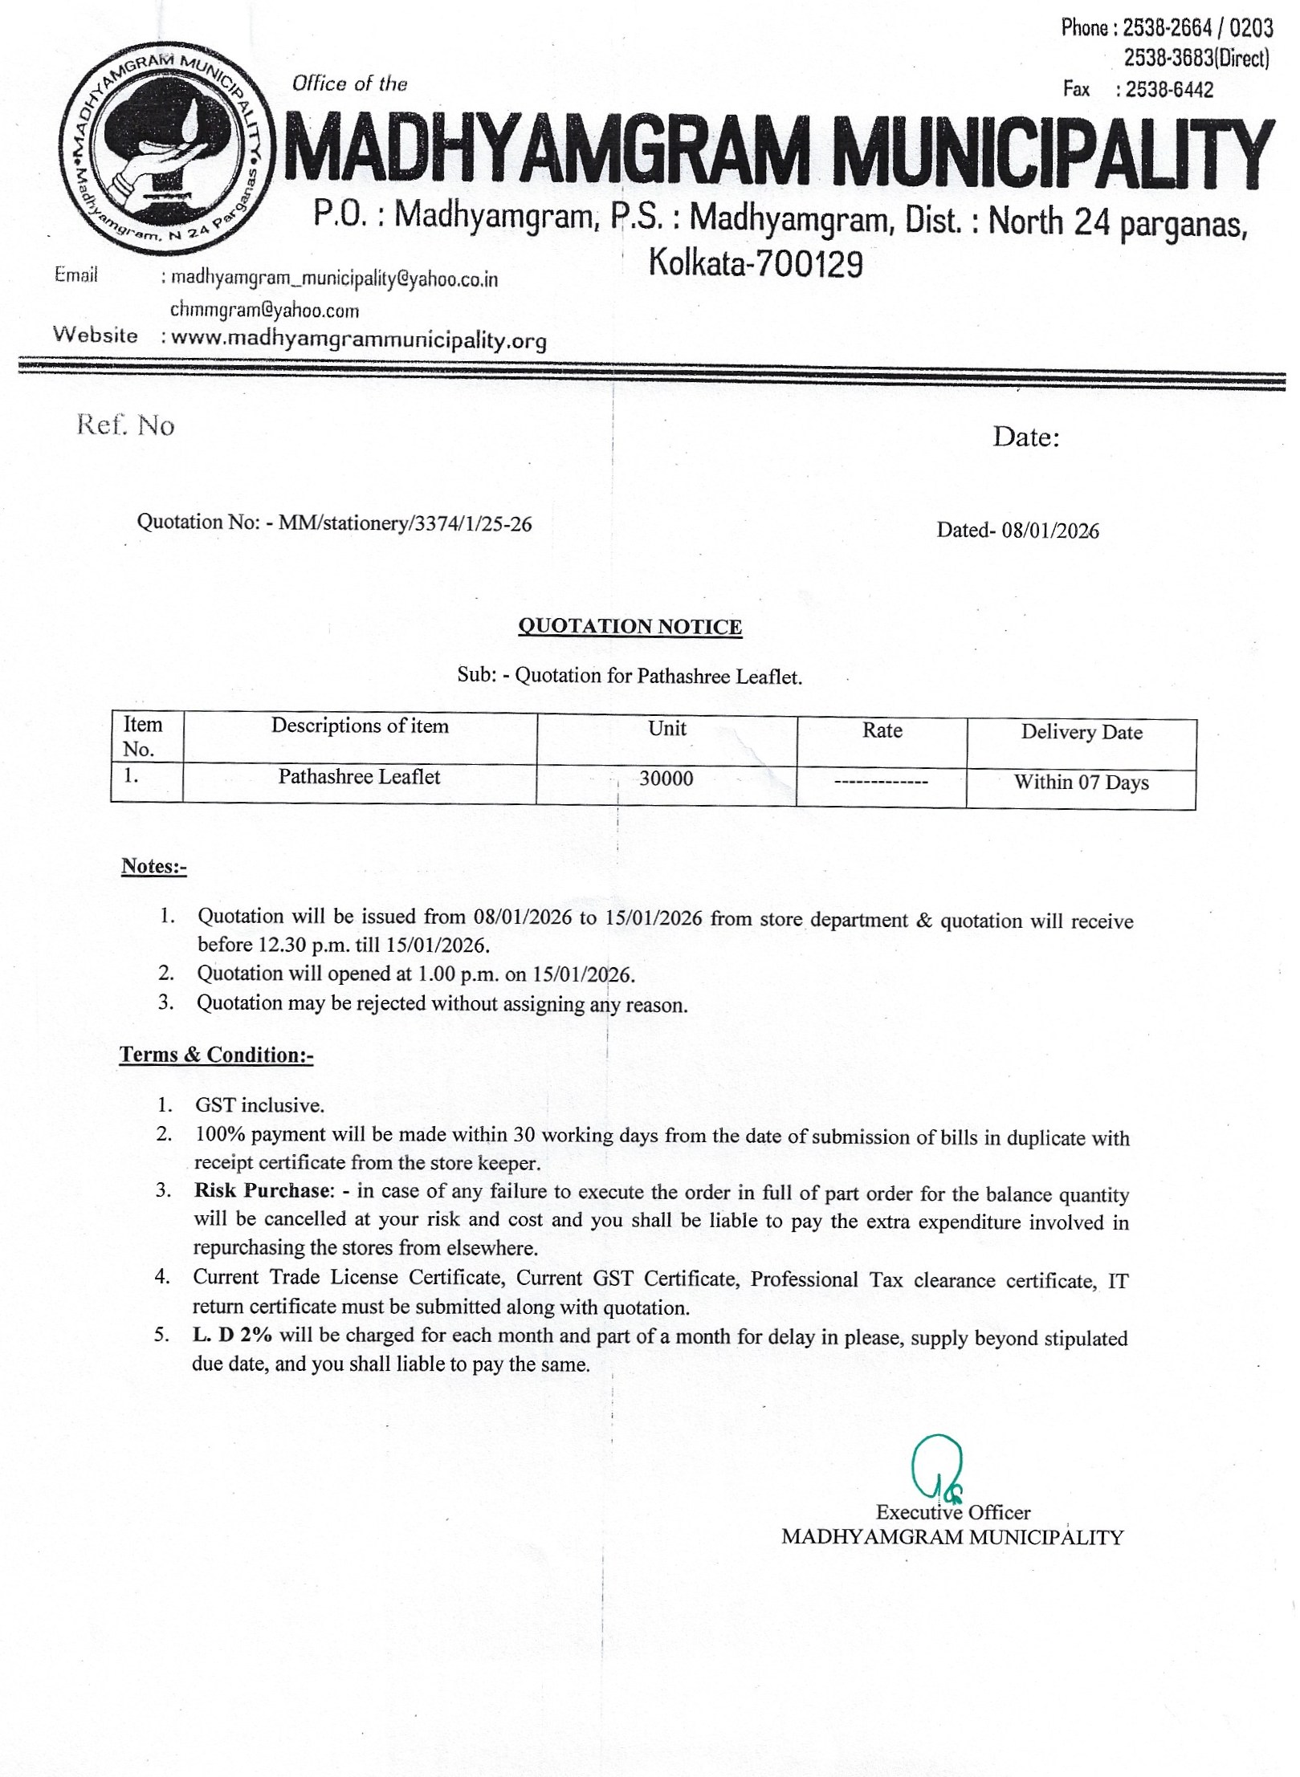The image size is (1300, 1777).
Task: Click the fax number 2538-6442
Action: pyautogui.click(x=1169, y=90)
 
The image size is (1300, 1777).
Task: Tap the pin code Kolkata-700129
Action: pyautogui.click(x=756, y=263)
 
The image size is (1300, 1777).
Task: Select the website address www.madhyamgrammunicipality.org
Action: pyautogui.click(x=359, y=340)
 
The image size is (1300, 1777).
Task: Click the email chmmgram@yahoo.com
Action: pyautogui.click(x=264, y=310)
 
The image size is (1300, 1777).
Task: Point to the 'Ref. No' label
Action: pyautogui.click(x=125, y=425)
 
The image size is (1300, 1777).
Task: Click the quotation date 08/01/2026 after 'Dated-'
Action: pyautogui.click(x=1050, y=531)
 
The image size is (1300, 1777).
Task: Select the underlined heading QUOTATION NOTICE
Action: pyautogui.click(x=630, y=626)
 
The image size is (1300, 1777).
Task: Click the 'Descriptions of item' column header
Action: pyautogui.click(x=360, y=726)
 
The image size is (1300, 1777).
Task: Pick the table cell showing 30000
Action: pyautogui.click(x=666, y=779)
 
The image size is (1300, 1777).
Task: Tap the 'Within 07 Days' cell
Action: pyautogui.click(x=1081, y=783)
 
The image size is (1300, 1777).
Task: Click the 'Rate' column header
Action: pyautogui.click(x=882, y=730)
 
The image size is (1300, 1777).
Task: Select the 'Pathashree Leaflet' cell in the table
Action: pyautogui.click(x=359, y=777)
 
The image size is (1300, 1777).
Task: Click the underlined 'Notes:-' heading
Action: pyautogui.click(x=153, y=866)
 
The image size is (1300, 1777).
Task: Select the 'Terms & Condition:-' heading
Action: pyautogui.click(x=216, y=1054)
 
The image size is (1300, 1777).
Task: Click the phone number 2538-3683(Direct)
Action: pyautogui.click(x=1196, y=59)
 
